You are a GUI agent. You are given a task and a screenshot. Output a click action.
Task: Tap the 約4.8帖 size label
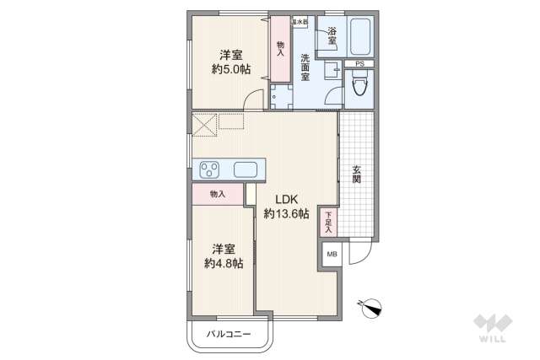(x=224, y=263)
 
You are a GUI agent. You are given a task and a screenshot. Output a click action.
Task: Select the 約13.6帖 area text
(x=286, y=214)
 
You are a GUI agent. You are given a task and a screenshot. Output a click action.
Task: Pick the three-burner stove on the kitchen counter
(x=210, y=169)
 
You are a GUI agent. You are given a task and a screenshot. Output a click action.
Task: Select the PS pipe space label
(x=359, y=64)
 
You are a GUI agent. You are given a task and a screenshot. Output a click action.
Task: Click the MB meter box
(x=331, y=254)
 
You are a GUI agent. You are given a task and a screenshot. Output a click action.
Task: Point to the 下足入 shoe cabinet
(x=328, y=223)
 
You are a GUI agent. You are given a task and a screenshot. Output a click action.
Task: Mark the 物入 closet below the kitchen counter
(x=218, y=195)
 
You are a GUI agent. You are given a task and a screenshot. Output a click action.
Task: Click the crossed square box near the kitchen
(x=204, y=125)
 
